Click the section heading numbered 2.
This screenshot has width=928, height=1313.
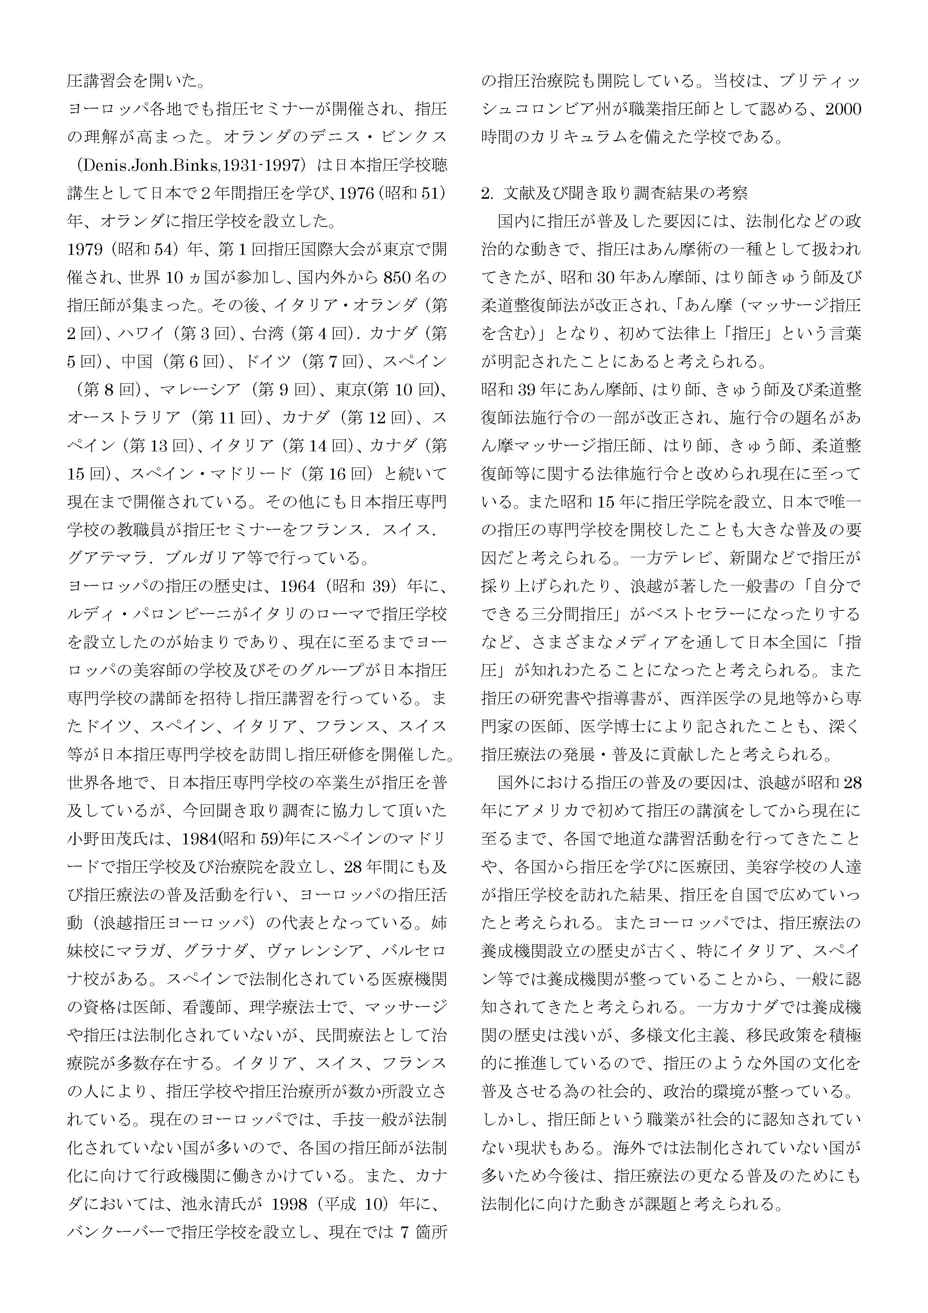click(614, 193)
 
